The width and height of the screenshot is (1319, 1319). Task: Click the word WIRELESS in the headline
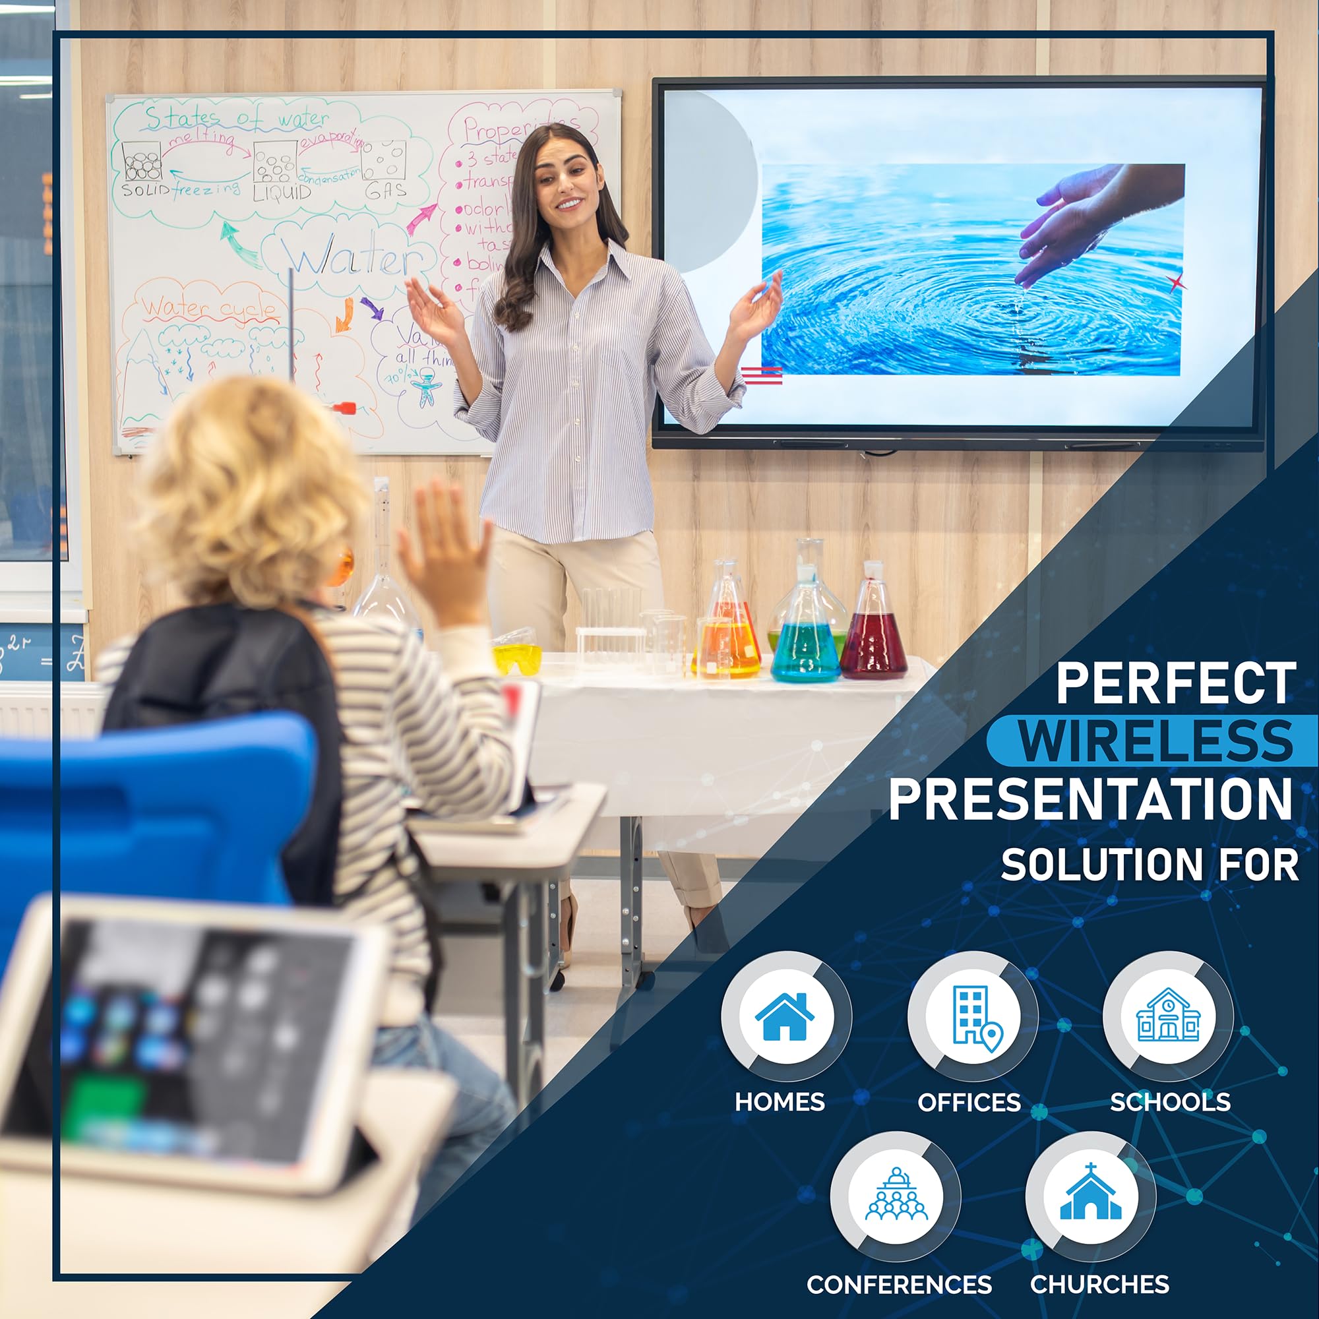click(1156, 741)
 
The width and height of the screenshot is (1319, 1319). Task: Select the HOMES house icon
click(785, 1016)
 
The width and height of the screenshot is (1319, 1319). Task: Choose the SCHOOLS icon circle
click(1168, 1015)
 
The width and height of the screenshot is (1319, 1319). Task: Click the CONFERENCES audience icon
click(896, 1196)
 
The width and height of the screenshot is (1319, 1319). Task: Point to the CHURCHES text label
click(1099, 1284)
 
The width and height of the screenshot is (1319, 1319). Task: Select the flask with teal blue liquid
click(806, 648)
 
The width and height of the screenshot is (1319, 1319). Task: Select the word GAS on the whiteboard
click(386, 191)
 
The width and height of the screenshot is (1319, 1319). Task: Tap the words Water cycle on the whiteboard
click(210, 309)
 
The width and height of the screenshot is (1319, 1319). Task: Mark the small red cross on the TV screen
click(1176, 282)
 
